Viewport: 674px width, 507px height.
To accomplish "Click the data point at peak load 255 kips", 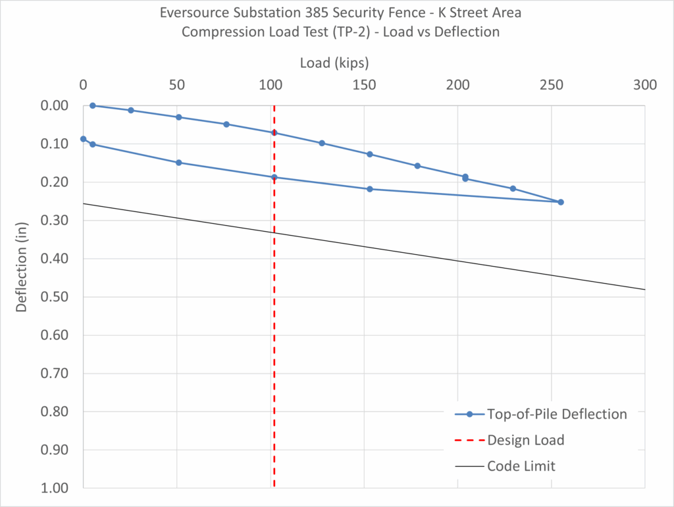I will tap(561, 202).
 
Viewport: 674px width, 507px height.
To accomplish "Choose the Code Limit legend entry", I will tap(521, 466).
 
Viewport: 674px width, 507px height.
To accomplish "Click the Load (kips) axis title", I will tap(334, 63).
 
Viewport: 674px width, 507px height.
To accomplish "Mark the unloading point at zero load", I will tap(83, 139).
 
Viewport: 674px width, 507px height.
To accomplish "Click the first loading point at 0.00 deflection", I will tap(93, 105).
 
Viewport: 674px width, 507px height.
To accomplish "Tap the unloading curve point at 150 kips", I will tap(369, 189).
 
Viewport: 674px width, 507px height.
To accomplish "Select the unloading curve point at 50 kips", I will tap(178, 163).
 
